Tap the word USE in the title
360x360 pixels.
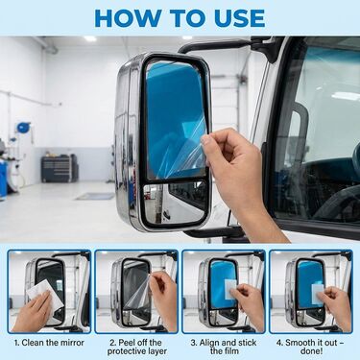[237, 18]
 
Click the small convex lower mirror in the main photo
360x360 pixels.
[175, 203]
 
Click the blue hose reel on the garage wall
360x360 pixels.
[23, 128]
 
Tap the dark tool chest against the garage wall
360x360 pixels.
[59, 169]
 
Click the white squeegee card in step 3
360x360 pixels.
[230, 289]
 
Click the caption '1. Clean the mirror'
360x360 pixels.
[49, 343]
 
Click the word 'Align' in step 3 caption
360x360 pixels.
[209, 343]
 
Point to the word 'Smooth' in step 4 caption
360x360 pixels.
[300, 343]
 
